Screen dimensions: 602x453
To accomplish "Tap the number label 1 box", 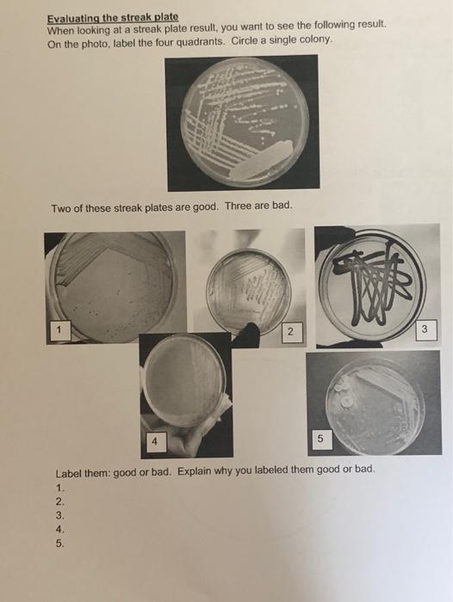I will [58, 328].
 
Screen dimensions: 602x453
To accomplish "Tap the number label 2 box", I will [290, 331].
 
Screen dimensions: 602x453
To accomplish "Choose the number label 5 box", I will [320, 439].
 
